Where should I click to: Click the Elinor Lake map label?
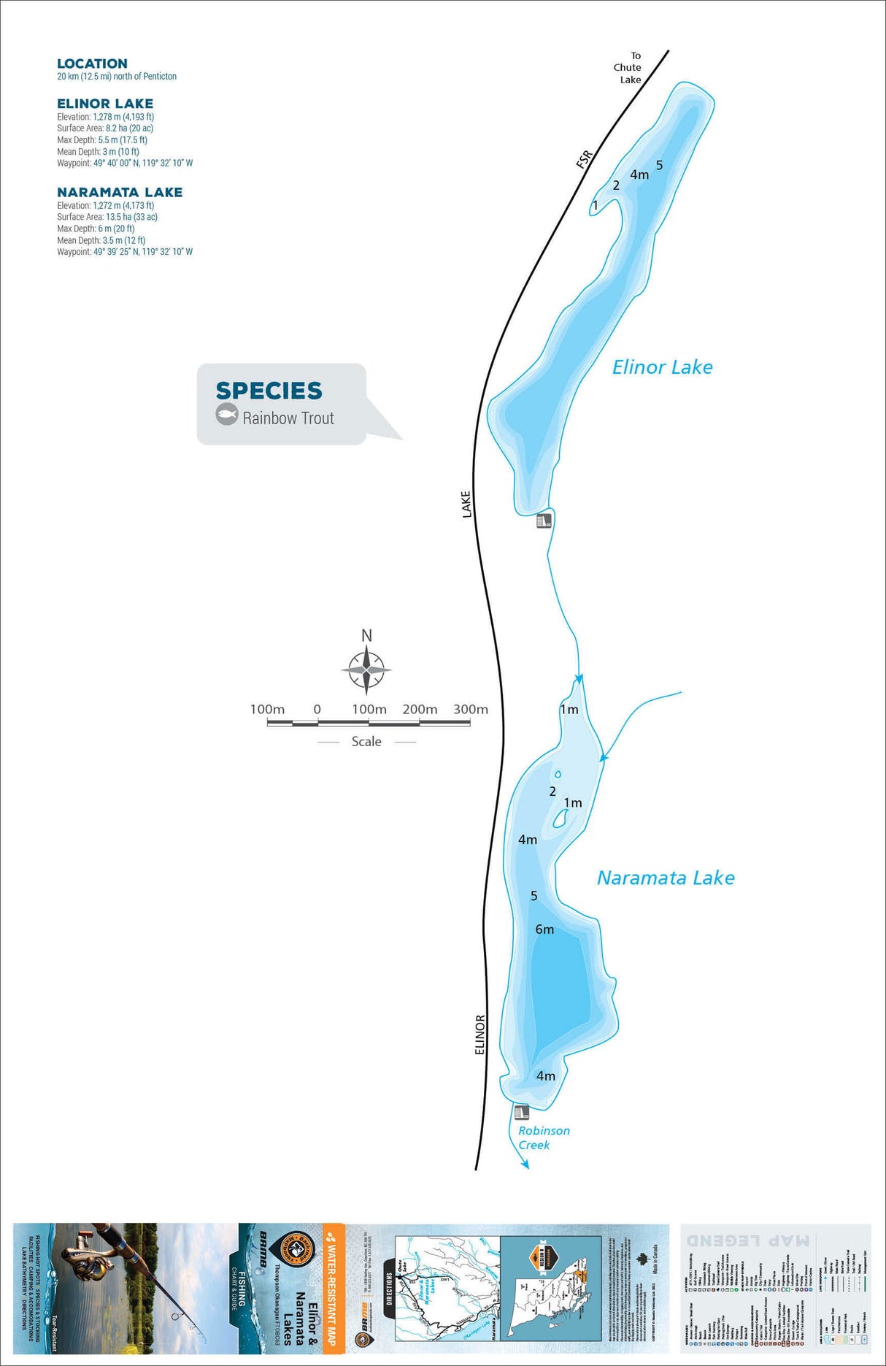click(662, 367)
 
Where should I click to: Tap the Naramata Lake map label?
click(666, 878)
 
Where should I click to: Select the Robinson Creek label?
click(544, 1137)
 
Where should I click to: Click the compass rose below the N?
click(366, 669)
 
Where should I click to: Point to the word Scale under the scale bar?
click(366, 742)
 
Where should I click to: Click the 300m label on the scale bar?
click(471, 709)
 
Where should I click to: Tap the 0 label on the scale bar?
click(317, 709)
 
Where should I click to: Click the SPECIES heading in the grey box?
click(269, 391)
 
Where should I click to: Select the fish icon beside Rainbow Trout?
click(227, 415)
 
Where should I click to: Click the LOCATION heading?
click(92, 64)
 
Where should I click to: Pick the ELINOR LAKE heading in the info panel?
click(105, 104)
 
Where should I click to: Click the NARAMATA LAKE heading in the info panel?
click(120, 192)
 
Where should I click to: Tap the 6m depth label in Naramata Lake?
click(544, 929)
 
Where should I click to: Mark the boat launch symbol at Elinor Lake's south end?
click(544, 521)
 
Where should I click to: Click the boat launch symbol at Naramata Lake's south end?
click(521, 1113)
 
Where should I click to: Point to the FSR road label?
click(585, 159)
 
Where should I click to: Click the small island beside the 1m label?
click(561, 819)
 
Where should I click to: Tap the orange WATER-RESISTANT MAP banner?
click(333, 1289)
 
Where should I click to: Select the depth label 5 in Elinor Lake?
click(659, 165)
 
